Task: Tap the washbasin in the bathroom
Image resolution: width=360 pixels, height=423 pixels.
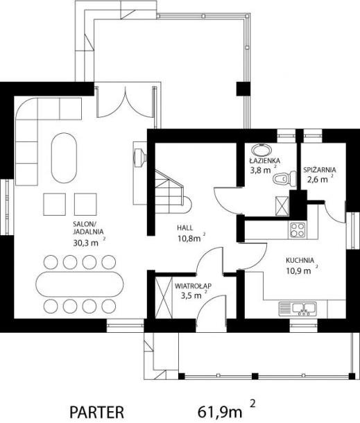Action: tap(262, 150)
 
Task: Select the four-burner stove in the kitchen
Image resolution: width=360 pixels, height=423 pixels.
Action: tap(298, 230)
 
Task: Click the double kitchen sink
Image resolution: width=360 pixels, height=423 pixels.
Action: tap(298, 309)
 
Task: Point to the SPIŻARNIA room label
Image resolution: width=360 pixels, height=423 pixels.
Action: tap(320, 170)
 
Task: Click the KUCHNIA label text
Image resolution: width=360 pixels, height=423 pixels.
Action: tap(300, 260)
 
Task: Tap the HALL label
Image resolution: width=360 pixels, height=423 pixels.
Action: tap(185, 227)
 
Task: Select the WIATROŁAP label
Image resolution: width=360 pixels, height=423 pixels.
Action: tap(193, 286)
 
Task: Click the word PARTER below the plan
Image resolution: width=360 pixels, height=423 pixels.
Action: tap(97, 412)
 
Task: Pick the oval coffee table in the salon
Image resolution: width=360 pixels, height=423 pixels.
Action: tap(64, 158)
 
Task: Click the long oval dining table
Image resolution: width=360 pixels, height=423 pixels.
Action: tap(80, 284)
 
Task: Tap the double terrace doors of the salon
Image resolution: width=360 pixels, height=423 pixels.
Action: tap(126, 103)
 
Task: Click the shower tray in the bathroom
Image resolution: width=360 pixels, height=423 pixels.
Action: tap(282, 206)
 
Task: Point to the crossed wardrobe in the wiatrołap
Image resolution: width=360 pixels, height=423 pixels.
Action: tap(164, 297)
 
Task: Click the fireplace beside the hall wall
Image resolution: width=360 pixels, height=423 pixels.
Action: tap(140, 157)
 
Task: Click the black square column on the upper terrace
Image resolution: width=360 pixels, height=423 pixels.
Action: tap(243, 89)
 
